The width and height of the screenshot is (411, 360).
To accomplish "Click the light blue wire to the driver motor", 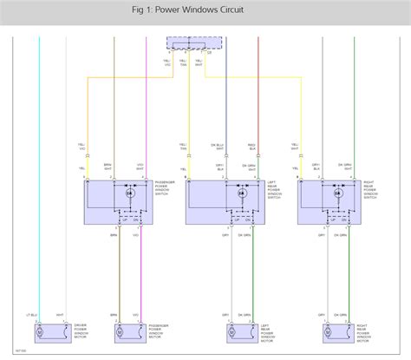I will click(39, 173).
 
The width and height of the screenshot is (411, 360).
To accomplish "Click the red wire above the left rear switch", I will click(258, 87).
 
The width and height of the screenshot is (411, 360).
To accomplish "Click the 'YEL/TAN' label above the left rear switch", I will click(185, 147).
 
